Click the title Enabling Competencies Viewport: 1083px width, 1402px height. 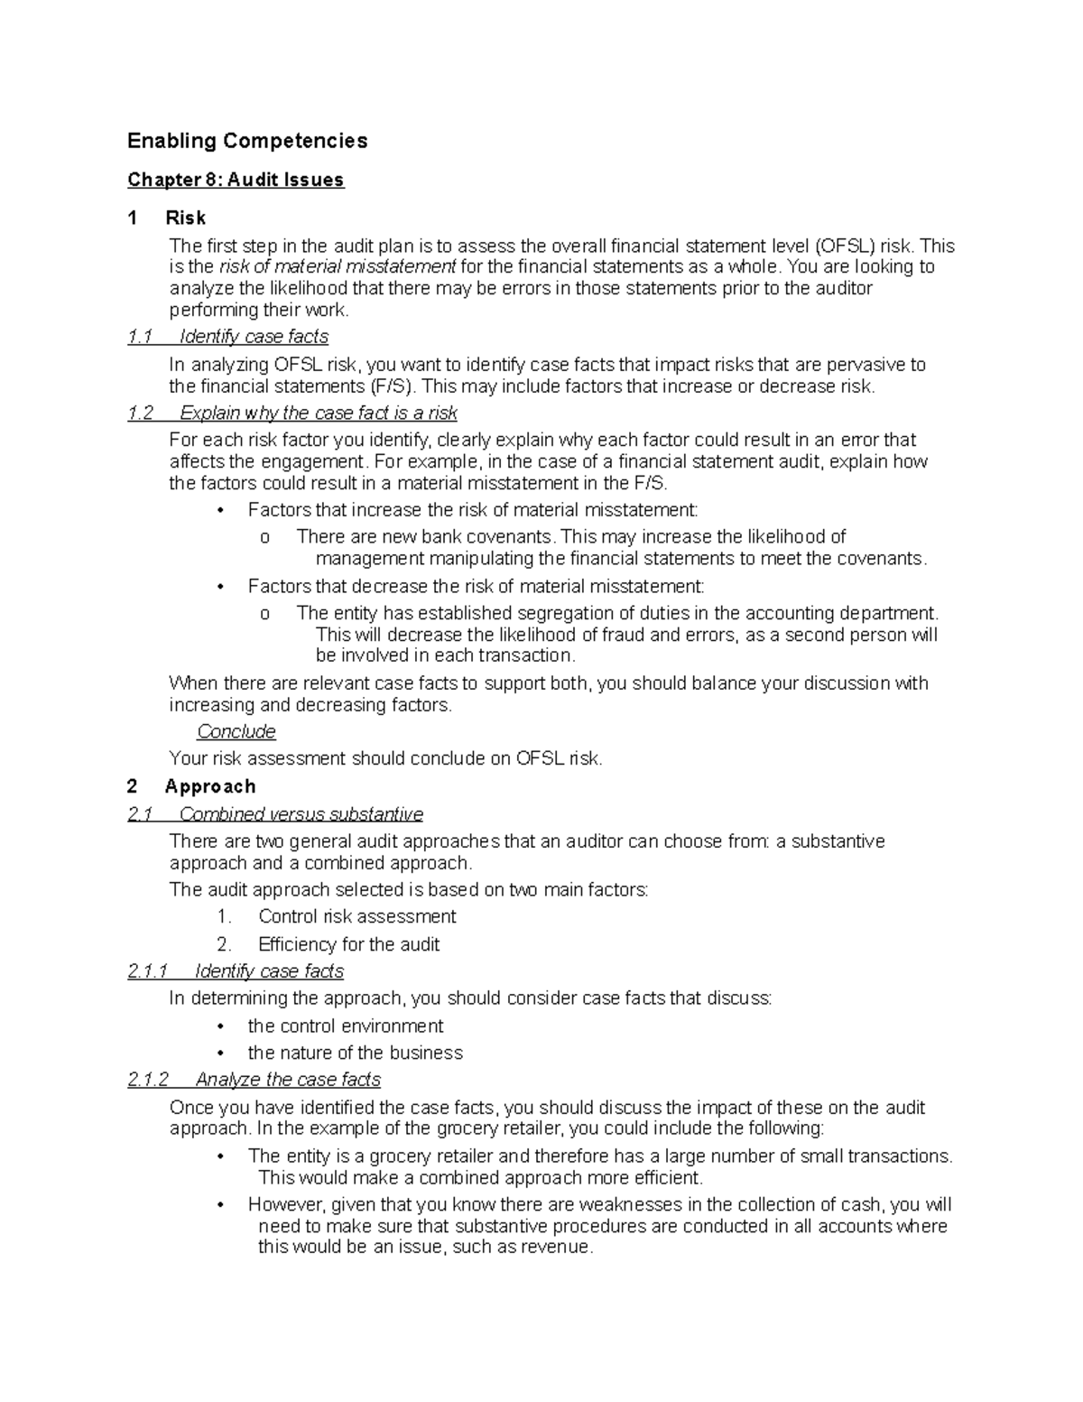[x=247, y=141]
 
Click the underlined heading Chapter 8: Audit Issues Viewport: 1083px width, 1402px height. [x=236, y=180]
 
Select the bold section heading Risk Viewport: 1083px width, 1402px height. [x=186, y=218]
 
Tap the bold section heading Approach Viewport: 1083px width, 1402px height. [x=210, y=786]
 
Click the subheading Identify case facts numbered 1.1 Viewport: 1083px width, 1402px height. [x=254, y=337]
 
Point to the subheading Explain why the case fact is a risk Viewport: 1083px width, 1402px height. [x=318, y=413]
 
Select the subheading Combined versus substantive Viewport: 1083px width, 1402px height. [x=301, y=814]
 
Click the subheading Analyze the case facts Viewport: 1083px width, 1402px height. [x=288, y=1080]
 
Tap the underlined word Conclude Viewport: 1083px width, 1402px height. [x=236, y=731]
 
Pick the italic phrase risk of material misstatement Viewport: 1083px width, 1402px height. [x=338, y=267]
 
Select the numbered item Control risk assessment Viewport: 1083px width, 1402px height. [x=356, y=917]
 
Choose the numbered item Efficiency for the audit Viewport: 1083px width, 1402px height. [x=348, y=944]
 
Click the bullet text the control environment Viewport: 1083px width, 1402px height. [x=346, y=1026]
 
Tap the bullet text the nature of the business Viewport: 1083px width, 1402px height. [x=355, y=1054]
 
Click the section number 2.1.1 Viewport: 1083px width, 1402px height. [x=148, y=971]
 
